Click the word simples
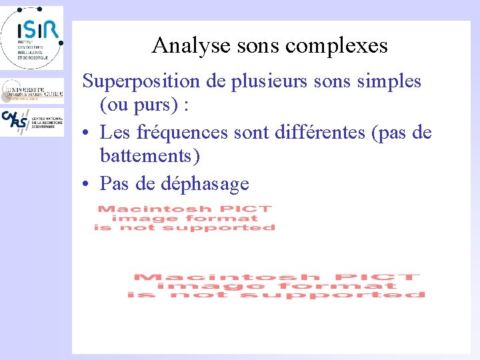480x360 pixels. (389, 81)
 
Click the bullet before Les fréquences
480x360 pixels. (87, 133)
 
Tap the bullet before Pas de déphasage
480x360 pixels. (87, 183)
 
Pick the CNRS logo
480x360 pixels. (31, 121)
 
